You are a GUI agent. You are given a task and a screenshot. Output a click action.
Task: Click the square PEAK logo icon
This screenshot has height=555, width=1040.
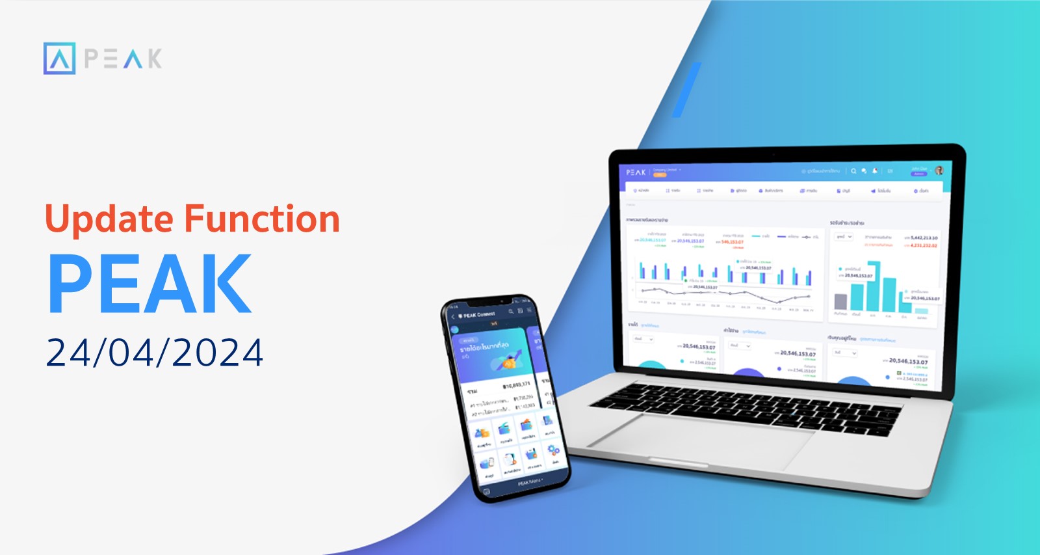[x=59, y=59]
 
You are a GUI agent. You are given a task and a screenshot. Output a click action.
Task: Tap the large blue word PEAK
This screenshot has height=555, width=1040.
[x=150, y=284]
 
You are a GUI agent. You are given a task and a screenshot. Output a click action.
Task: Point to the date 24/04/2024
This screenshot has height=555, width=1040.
[x=155, y=353]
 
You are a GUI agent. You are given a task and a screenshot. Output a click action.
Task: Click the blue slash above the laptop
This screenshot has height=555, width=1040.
[x=686, y=90]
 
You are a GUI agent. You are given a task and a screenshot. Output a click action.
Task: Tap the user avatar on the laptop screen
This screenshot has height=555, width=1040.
[x=939, y=170]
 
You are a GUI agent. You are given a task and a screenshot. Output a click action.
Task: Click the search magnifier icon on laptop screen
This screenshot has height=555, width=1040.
[x=853, y=171]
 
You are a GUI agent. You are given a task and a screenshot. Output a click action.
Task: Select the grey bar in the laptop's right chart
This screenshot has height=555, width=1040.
[x=840, y=301]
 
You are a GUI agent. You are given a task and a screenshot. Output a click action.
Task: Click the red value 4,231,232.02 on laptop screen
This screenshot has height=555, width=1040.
[x=923, y=245]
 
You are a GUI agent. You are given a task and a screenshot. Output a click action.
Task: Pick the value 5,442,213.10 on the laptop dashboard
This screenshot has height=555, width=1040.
[x=924, y=238]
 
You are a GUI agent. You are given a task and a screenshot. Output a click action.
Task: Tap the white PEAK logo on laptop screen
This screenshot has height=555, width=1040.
[x=636, y=172]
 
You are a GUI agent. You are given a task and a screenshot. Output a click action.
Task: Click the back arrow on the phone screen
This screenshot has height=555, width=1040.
[x=453, y=317]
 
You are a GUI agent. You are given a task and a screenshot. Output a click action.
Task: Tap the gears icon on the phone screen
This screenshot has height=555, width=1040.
[x=553, y=450]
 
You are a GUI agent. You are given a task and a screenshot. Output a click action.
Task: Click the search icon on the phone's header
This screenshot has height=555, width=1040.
[x=511, y=312]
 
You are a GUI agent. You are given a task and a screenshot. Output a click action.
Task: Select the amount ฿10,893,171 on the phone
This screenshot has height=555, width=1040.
[x=517, y=385]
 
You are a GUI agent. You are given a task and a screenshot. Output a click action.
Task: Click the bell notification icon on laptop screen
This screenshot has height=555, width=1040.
[x=875, y=171]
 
